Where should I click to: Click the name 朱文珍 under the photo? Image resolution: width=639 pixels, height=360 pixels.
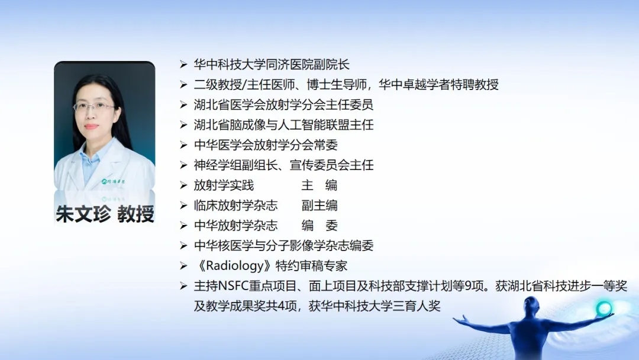pyautogui.click(x=83, y=214)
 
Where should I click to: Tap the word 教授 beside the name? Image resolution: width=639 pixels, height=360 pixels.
pyautogui.click(x=135, y=214)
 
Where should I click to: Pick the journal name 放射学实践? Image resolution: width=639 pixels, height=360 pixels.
pyautogui.click(x=224, y=185)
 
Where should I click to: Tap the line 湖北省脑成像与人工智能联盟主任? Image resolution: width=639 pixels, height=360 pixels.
pyautogui.click(x=283, y=125)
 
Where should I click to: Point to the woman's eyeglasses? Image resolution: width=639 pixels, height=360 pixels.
pyautogui.click(x=93, y=107)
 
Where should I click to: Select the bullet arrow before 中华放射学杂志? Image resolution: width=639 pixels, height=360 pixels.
pyautogui.click(x=183, y=226)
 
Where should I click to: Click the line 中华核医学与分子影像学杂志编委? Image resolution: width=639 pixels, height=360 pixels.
pyautogui.click(x=283, y=246)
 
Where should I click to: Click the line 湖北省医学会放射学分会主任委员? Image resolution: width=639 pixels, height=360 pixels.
pyautogui.click(x=283, y=105)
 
